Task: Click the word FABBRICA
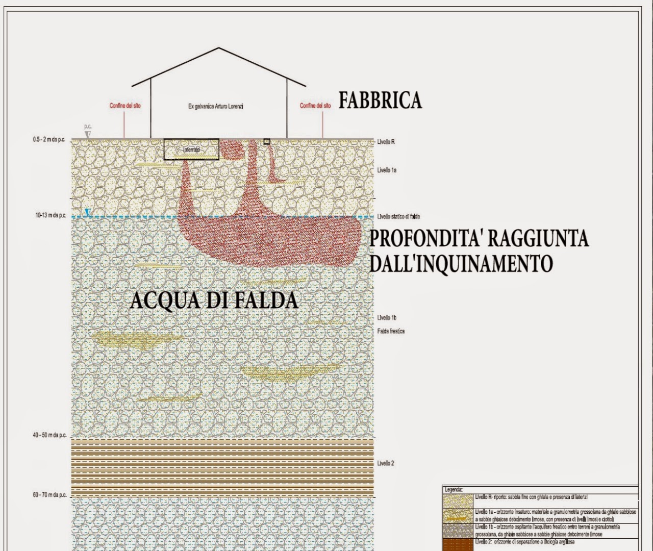pyautogui.click(x=381, y=100)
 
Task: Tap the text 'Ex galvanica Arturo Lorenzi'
pyautogui.click(x=216, y=106)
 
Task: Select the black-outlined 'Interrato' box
pyautogui.click(x=191, y=149)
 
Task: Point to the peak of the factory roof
pyautogui.click(x=219, y=48)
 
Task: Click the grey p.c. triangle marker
pyautogui.click(x=88, y=134)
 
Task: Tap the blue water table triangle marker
pyautogui.click(x=88, y=213)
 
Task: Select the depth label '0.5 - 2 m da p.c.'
pyautogui.click(x=49, y=140)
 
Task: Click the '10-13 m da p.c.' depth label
pyautogui.click(x=51, y=215)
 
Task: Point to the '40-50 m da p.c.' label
pyautogui.click(x=50, y=435)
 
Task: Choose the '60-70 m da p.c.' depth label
pyautogui.click(x=50, y=495)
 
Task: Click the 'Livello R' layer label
pyautogui.click(x=386, y=142)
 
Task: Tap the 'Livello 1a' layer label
pyautogui.click(x=387, y=170)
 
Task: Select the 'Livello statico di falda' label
pyautogui.click(x=398, y=217)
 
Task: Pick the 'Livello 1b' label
pyautogui.click(x=387, y=317)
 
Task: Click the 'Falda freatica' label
pyautogui.click(x=391, y=331)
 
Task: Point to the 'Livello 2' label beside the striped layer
pyautogui.click(x=386, y=463)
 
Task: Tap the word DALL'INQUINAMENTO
pyautogui.click(x=461, y=264)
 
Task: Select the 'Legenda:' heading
pyautogui.click(x=453, y=490)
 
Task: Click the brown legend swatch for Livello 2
pyautogui.click(x=458, y=544)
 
